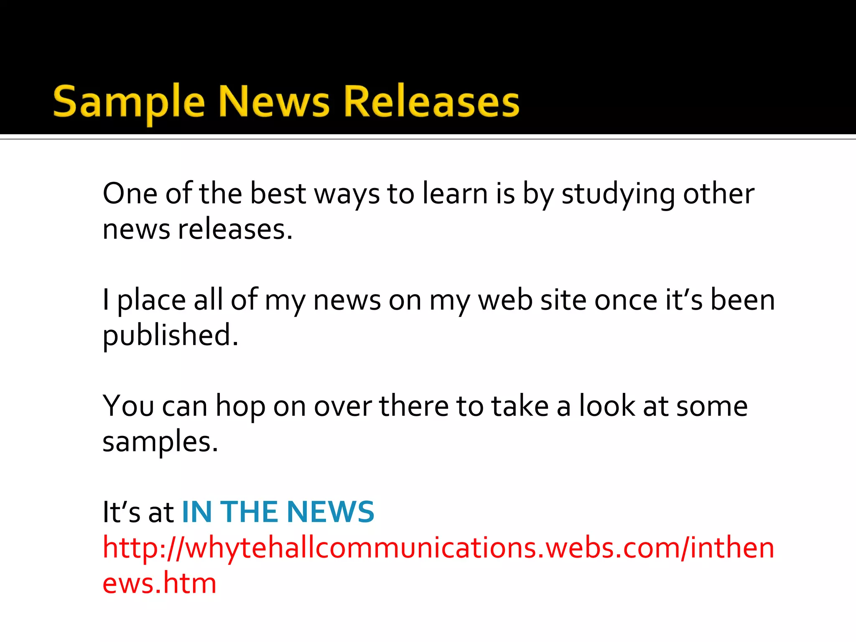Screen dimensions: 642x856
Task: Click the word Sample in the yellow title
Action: tap(129, 102)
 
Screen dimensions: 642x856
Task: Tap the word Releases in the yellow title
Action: tap(431, 102)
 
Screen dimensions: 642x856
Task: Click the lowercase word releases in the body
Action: tap(235, 229)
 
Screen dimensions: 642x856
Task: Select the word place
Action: tap(151, 301)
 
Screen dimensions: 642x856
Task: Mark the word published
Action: tap(171, 336)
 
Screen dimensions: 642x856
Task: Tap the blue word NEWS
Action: tap(331, 512)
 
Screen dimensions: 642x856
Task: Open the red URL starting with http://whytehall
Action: tap(438, 548)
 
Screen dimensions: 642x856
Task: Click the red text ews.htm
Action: tap(159, 583)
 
